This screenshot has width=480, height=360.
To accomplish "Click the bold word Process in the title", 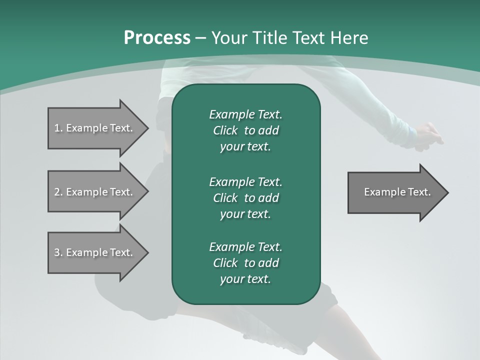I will click(x=157, y=38).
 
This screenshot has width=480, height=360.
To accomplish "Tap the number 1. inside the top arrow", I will click(x=58, y=128).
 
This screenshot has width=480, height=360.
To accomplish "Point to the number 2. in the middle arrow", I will click(x=58, y=192).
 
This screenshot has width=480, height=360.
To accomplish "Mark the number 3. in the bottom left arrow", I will click(x=58, y=252).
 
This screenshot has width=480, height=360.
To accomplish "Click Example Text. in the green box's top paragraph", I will click(x=245, y=114).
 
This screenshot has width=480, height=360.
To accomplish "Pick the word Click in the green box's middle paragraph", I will click(x=225, y=198).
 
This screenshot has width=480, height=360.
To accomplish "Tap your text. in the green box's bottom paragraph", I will click(x=245, y=279).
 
